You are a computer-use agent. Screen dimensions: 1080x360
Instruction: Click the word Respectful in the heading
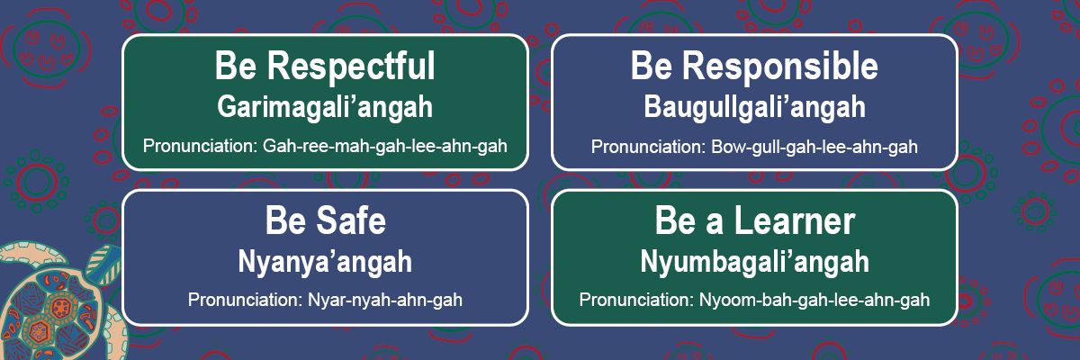pos(351,67)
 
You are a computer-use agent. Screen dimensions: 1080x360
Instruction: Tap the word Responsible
pos(779,67)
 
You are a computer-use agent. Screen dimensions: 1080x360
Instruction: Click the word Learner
pos(795,220)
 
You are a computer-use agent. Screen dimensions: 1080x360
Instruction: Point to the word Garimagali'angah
pos(325,107)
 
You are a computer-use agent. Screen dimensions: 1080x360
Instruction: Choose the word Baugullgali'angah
pos(754,107)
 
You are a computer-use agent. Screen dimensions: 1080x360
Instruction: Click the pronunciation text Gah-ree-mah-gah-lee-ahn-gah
pos(385,146)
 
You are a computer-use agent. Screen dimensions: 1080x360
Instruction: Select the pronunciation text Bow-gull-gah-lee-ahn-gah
pos(814,147)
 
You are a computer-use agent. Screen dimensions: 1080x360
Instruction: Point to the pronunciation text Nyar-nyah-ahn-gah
pos(385,301)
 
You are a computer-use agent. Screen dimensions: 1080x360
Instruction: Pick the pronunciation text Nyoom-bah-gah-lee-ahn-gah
pos(814,301)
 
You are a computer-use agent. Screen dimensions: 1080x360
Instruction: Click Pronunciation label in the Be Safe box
pos(246,300)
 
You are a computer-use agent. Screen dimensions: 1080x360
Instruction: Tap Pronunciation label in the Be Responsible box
pos(649,147)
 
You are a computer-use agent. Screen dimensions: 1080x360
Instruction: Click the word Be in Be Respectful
pos(236,67)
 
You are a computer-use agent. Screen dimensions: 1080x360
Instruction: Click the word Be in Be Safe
pos(285,220)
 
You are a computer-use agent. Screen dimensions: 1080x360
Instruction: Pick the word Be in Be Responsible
pos(652,67)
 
